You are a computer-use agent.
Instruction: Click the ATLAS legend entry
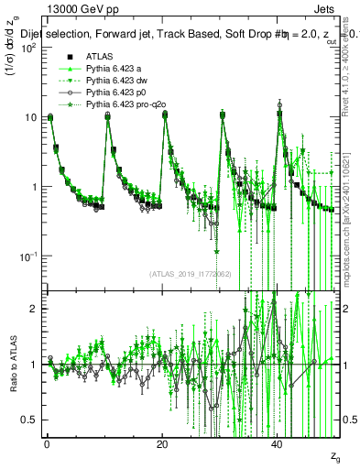[98, 57]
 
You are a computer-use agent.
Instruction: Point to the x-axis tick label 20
[162, 444]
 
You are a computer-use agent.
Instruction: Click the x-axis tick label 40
[278, 444]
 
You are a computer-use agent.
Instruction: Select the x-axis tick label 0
[47, 444]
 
